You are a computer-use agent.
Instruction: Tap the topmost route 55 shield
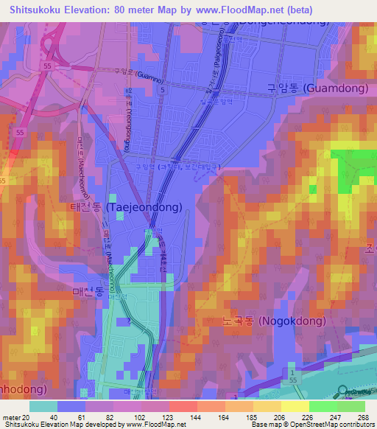48,66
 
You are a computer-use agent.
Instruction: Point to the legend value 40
53,416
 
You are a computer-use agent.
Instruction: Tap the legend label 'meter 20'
16,416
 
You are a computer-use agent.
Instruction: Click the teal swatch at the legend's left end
43,406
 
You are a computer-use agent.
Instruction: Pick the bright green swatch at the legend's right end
350,406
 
